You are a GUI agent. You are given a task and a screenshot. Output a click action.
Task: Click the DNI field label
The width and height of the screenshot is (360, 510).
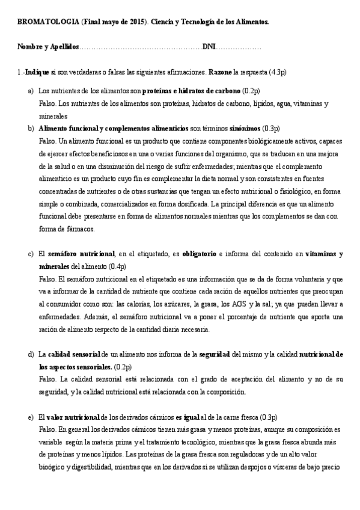coord(209,46)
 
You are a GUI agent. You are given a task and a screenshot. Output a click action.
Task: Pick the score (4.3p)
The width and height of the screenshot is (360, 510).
coord(277,72)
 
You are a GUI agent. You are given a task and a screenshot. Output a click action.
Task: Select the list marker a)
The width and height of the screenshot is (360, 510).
coord(30,91)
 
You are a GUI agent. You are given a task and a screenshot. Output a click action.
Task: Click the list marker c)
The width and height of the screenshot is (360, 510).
coord(30,254)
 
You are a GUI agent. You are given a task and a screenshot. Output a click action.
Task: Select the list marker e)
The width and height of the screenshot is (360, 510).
coord(30,417)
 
